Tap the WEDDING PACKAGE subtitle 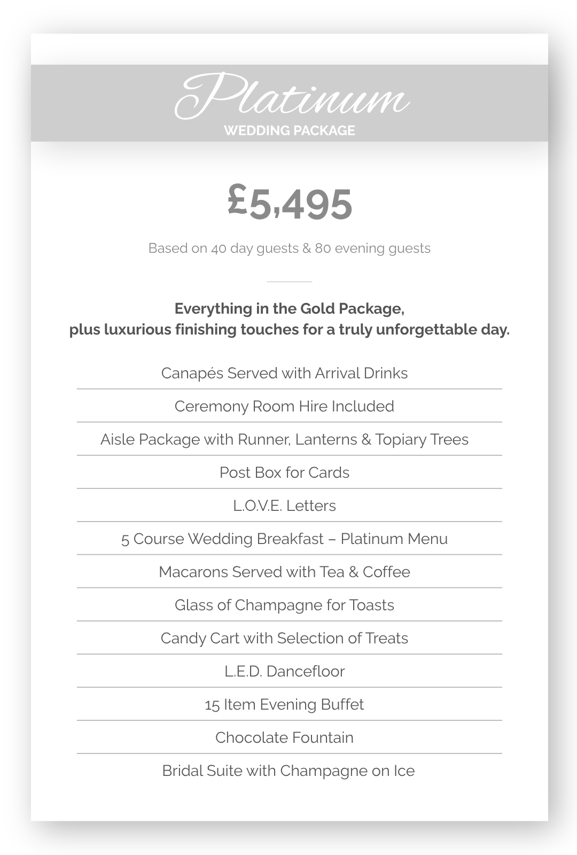coord(289,131)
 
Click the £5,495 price coord(290,203)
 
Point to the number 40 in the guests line coord(219,248)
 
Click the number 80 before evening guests coord(323,248)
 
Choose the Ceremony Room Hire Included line coord(284,406)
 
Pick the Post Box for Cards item coord(284,472)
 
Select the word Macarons coord(193,572)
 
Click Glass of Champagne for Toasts coord(284,605)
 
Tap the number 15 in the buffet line coord(212,705)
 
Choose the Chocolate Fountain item coord(284,737)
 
